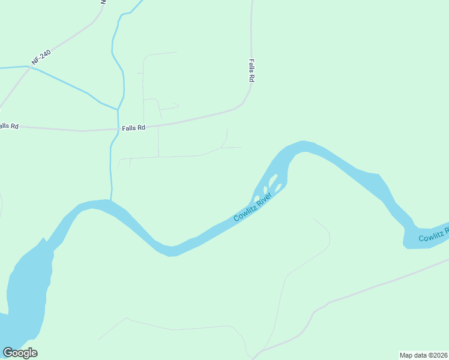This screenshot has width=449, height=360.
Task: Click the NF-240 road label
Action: pyautogui.click(x=41, y=58)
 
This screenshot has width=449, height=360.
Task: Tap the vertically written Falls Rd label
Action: pyautogui.click(x=252, y=70)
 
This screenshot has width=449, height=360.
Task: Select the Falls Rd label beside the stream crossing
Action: pyautogui.click(x=133, y=128)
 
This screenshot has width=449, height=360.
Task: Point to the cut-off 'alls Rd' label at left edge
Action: pyautogui.click(x=9, y=126)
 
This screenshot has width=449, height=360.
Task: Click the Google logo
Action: pyautogui.click(x=20, y=353)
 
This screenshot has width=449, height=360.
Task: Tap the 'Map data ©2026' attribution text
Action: pyautogui.click(x=424, y=355)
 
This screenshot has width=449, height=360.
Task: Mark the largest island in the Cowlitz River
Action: pyautogui.click(x=272, y=179)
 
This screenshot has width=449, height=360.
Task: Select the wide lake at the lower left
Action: pyautogui.click(x=27, y=288)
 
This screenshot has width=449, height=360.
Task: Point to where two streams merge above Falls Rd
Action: pyautogui.click(x=118, y=110)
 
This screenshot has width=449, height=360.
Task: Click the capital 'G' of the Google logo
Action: pyautogui.click(x=8, y=352)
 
